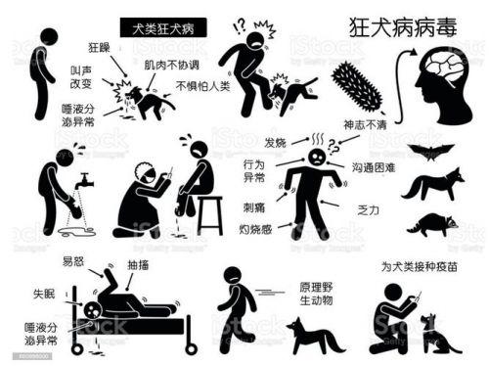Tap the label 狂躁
[x=100, y=46]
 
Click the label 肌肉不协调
[x=173, y=66]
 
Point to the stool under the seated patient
[x=209, y=213]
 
